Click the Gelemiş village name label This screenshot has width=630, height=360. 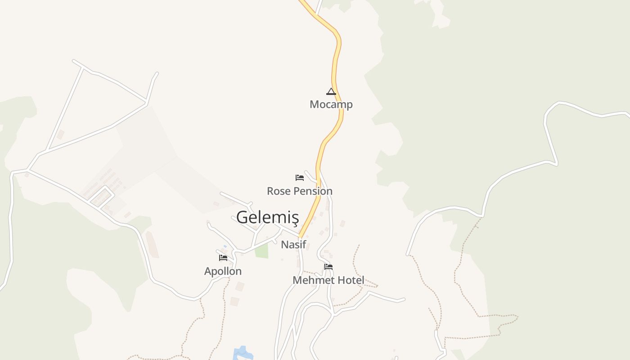click(x=267, y=217)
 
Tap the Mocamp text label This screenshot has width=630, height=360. click(x=331, y=104)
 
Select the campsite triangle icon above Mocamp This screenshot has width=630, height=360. click(x=331, y=92)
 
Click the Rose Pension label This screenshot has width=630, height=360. click(x=300, y=191)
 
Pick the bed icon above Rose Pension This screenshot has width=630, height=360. click(x=300, y=178)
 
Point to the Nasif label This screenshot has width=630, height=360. click(x=293, y=245)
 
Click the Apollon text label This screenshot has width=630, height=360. click(x=223, y=271)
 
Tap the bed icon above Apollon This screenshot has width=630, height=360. click(x=223, y=258)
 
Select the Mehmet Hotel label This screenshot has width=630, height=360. click(x=328, y=280)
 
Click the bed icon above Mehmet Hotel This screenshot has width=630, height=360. click(x=328, y=267)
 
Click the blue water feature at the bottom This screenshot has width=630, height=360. click(x=241, y=353)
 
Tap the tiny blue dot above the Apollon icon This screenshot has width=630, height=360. click(x=225, y=246)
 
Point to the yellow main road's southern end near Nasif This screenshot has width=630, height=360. click(x=301, y=235)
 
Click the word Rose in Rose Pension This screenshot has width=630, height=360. click(x=279, y=191)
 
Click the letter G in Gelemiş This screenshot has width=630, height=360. click(x=242, y=217)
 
